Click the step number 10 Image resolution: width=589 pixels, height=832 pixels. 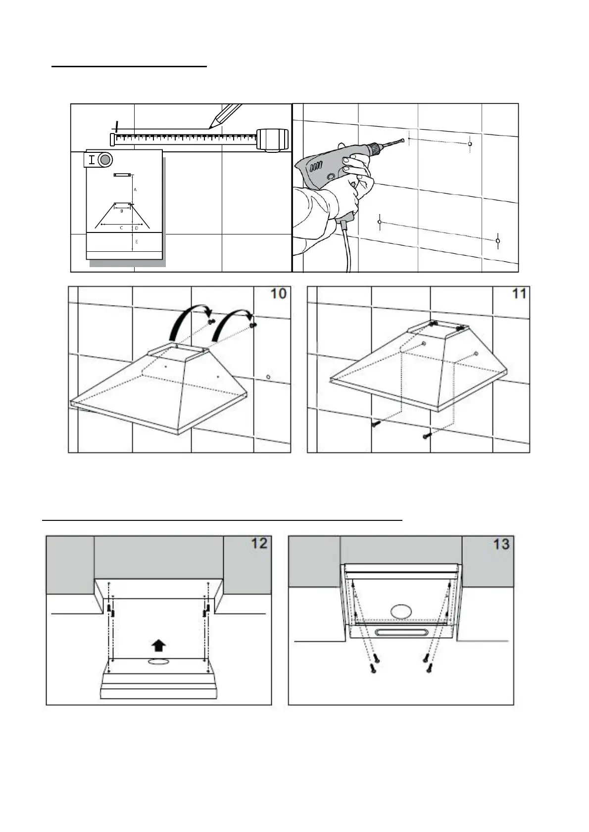click(279, 293)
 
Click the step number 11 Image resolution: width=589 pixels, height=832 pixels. click(519, 293)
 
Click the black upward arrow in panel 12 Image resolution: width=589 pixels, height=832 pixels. click(158, 645)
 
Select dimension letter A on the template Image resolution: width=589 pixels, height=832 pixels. click(135, 189)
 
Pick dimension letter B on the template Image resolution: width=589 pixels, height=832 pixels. click(122, 211)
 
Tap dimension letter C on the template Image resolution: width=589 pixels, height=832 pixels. click(121, 228)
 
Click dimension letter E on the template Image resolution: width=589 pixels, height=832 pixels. click(136, 242)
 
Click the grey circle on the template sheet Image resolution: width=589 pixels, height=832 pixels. click(105, 160)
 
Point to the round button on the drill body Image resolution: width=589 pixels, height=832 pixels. click(330, 177)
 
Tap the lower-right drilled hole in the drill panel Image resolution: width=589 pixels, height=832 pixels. click(497, 241)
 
